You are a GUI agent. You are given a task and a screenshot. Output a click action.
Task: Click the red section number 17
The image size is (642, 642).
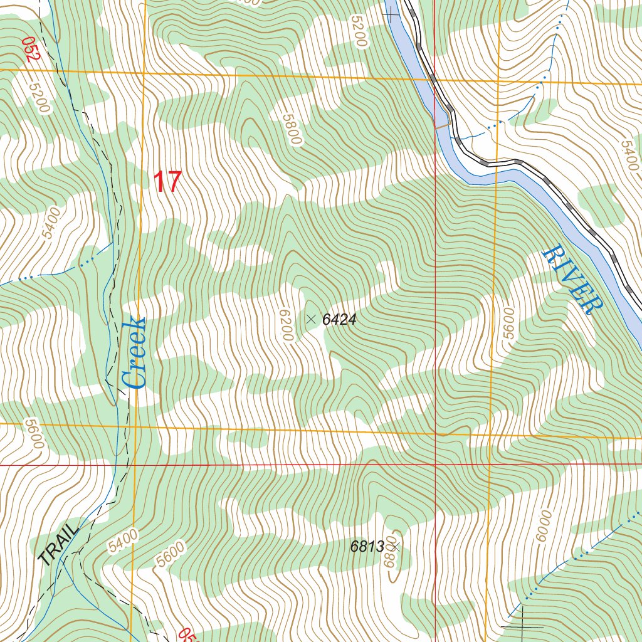point(167,182)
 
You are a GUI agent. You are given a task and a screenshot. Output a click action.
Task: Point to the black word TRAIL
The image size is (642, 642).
point(59,544)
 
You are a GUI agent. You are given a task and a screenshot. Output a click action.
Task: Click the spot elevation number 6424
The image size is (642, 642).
point(339,320)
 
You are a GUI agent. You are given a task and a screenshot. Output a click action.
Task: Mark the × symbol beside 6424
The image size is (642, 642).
point(310,319)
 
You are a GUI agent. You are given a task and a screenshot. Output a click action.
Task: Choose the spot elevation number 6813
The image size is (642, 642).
point(367,547)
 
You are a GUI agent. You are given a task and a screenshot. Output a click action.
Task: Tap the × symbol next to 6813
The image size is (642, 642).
point(396,547)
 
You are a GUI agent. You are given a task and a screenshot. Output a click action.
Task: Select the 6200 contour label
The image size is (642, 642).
point(287,325)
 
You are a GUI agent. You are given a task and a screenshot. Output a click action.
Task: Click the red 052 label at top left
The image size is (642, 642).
point(30,49)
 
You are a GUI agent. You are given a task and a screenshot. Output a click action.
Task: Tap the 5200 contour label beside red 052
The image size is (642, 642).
point(39,98)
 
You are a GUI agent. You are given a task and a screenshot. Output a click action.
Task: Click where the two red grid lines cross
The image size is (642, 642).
point(436,465)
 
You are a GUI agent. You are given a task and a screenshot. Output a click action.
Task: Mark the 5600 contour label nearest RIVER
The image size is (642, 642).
point(508,323)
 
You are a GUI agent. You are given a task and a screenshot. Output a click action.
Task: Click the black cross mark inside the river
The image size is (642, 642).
point(394,16)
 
